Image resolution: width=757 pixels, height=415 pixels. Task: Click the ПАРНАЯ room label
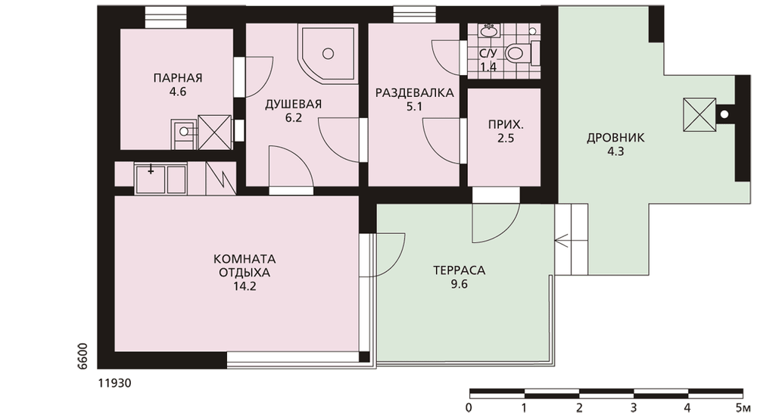(178, 77)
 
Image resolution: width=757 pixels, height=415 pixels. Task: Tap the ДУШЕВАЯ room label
(293, 105)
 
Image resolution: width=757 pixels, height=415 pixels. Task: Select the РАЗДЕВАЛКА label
(415, 92)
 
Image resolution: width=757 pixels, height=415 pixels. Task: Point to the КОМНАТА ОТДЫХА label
(245, 265)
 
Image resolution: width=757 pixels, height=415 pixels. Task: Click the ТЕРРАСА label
(459, 270)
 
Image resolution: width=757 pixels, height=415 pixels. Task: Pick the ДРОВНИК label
(615, 138)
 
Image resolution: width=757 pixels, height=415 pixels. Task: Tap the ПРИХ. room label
(506, 125)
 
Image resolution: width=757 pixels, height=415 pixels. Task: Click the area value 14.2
(245, 286)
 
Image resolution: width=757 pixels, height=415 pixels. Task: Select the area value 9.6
(459, 284)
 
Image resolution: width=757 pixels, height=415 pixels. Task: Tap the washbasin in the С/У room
(489, 31)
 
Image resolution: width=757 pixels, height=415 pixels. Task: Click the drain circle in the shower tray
(329, 54)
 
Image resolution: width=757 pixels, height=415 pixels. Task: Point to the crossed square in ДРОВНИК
(699, 114)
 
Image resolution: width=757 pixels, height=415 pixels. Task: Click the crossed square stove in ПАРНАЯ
(214, 132)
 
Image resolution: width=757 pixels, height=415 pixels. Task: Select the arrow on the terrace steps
(563, 239)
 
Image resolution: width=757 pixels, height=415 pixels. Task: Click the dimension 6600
(83, 356)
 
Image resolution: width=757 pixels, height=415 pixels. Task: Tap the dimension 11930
(114, 383)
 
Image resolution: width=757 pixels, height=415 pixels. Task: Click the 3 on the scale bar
(634, 407)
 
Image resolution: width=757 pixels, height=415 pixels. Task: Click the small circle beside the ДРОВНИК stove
(724, 114)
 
